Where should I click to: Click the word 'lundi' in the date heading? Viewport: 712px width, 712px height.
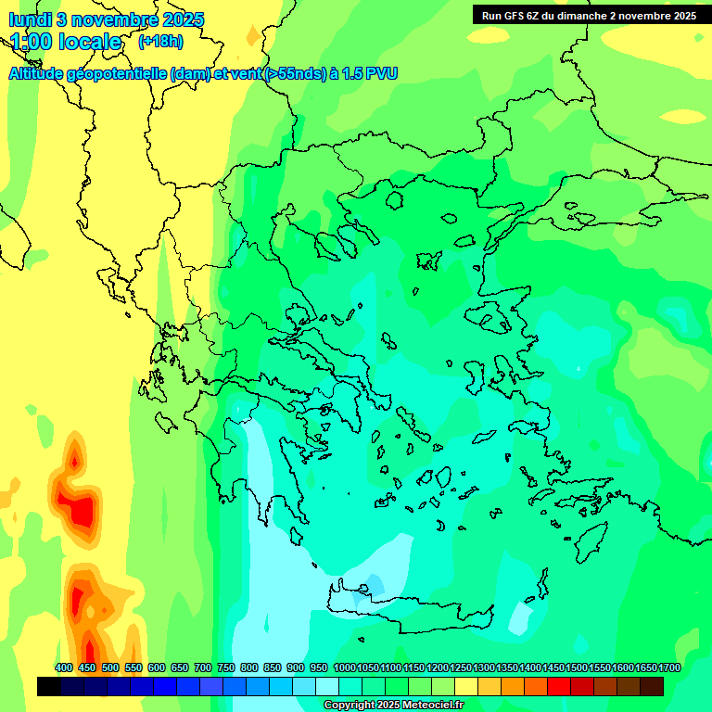pyautogui.click(x=30, y=19)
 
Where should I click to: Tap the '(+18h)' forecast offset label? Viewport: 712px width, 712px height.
pyautogui.click(x=160, y=42)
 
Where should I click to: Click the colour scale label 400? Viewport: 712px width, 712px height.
pyautogui.click(x=64, y=667)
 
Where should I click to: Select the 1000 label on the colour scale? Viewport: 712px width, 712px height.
pyautogui.click(x=345, y=667)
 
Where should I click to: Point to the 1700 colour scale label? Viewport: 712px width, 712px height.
pyautogui.click(x=669, y=667)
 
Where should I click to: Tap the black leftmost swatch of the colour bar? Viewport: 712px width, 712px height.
pyautogui.click(x=49, y=687)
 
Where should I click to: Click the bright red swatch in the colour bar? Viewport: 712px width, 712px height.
pyautogui.click(x=559, y=687)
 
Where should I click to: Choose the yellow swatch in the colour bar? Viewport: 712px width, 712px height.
pyautogui.click(x=466, y=687)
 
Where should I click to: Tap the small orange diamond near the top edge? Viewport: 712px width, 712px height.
pyautogui.click(x=253, y=35)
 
